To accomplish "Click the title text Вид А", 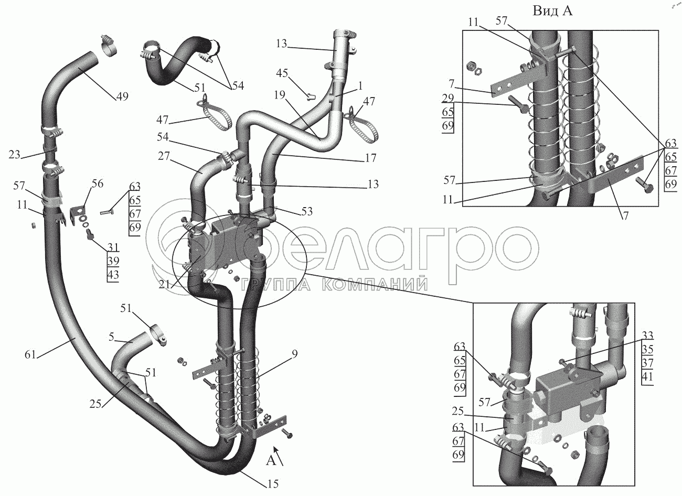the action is click(552, 11).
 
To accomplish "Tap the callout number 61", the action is click(30, 355).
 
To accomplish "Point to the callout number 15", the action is click(273, 483).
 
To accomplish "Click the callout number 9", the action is click(294, 354).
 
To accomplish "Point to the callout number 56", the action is click(98, 183).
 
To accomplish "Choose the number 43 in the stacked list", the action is click(113, 275).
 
